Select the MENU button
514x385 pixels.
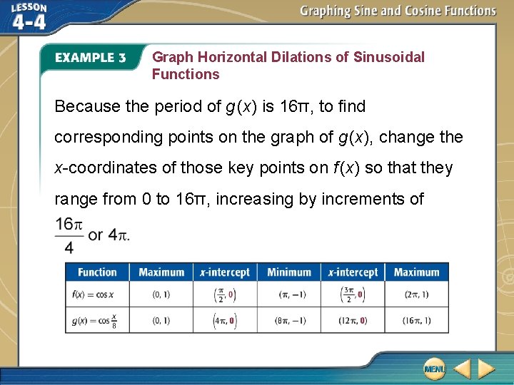click(434, 369)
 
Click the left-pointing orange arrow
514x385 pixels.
click(462, 369)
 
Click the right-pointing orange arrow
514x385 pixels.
click(486, 369)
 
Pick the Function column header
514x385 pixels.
click(97, 272)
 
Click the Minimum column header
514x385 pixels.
click(289, 272)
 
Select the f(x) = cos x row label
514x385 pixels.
click(93, 294)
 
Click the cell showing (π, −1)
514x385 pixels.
click(289, 294)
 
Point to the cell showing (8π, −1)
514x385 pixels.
click(289, 321)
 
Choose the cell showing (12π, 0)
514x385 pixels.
click(353, 321)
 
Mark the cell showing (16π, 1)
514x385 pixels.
click(416, 321)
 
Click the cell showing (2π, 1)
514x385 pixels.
click(416, 294)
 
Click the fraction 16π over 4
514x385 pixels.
click(69, 235)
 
